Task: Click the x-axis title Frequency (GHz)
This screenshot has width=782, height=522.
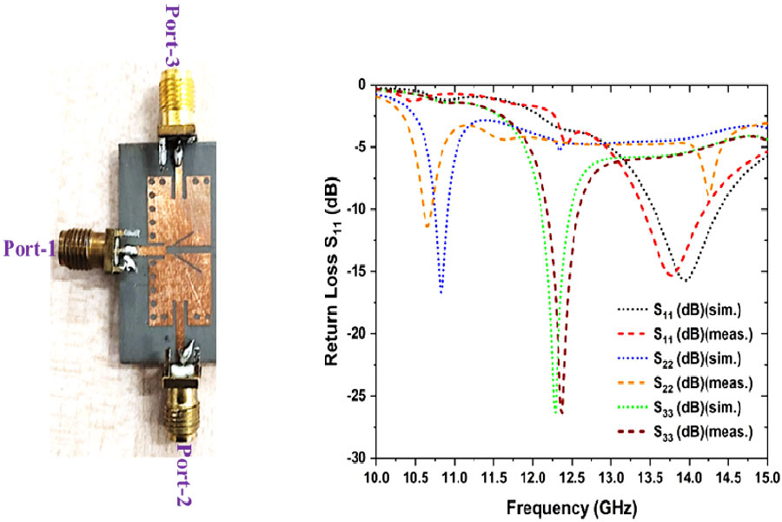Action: coord(571,505)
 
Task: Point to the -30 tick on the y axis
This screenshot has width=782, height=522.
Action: coord(358,458)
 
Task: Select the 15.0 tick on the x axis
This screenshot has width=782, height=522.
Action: coord(766,476)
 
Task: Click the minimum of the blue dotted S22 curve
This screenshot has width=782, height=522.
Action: coord(441,291)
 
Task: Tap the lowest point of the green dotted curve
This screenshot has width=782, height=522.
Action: coord(555,412)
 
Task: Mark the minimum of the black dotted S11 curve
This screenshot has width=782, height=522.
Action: coord(686,281)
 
